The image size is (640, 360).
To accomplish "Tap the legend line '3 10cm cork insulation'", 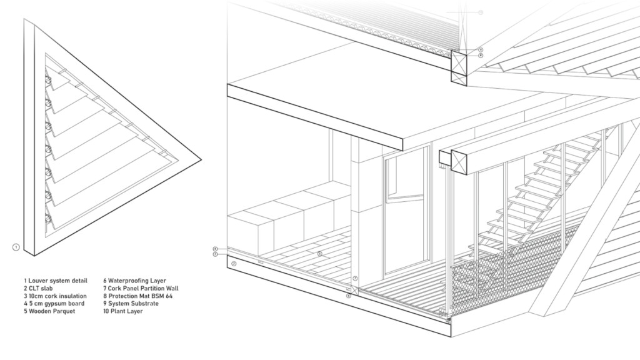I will click(x=55, y=296).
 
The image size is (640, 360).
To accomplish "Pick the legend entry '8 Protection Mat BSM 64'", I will click(x=139, y=296).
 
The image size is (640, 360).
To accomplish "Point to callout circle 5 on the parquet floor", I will click(x=319, y=254).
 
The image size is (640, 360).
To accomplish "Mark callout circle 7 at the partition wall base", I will click(x=354, y=278).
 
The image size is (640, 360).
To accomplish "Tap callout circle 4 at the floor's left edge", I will click(x=215, y=249).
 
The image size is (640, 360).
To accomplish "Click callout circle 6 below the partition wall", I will click(x=349, y=295).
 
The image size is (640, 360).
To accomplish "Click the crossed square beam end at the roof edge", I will click(x=459, y=64).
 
